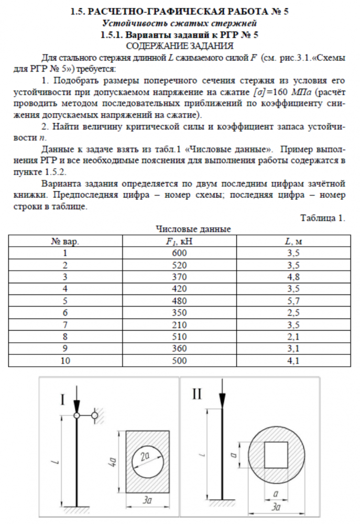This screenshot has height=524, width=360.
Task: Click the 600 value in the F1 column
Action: coord(180,253)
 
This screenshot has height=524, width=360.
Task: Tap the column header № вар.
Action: coord(66,241)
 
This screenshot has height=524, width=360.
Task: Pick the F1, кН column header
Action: coord(180,241)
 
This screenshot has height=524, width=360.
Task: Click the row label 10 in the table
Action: coord(66,361)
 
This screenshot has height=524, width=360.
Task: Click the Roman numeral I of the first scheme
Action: coord(63,400)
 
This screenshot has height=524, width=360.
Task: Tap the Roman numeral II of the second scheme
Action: coord(196,394)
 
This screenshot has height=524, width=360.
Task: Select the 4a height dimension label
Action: coord(112,462)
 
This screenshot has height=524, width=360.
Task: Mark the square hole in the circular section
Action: coord(276,455)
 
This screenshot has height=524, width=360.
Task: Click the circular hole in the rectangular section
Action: coord(148,461)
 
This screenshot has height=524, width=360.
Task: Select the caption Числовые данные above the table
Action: coord(193,229)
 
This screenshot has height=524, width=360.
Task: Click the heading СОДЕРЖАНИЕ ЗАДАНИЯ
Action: coord(180,46)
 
